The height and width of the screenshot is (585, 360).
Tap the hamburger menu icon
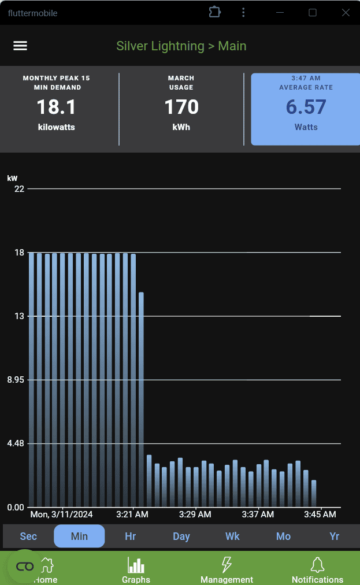(x=20, y=46)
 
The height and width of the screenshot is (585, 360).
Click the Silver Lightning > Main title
(x=181, y=46)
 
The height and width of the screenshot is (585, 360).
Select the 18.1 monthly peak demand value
(x=56, y=107)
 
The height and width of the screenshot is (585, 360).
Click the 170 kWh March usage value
(x=181, y=107)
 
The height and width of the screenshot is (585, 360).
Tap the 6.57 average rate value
(x=306, y=107)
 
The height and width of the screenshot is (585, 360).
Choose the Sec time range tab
(x=28, y=536)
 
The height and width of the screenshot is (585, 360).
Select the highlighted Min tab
(x=79, y=536)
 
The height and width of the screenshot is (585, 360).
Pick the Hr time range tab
(x=131, y=536)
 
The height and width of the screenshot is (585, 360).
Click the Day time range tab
(x=181, y=536)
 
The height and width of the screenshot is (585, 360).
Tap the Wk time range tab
(x=232, y=536)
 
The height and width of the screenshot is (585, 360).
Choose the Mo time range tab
(x=283, y=536)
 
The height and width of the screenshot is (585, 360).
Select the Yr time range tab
(x=334, y=536)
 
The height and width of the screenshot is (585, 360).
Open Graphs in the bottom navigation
(x=136, y=569)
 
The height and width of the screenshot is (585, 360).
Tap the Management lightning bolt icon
(x=227, y=565)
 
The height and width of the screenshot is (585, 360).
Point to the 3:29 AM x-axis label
(x=195, y=514)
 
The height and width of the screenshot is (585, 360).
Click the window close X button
(x=346, y=13)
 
